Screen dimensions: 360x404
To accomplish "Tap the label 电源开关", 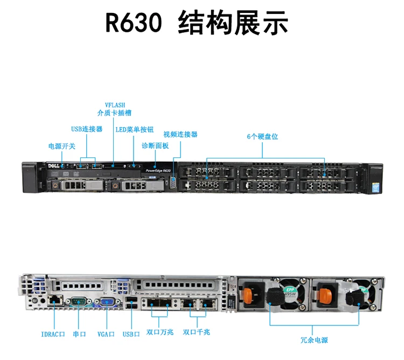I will click(62, 146).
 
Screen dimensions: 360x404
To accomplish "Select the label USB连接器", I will click(87, 129).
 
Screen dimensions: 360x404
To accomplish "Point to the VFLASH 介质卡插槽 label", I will click(114, 109).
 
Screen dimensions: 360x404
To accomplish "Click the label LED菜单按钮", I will click(135, 129).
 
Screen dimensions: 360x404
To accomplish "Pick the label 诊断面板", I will click(155, 146).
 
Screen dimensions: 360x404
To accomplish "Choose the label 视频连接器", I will click(180, 134).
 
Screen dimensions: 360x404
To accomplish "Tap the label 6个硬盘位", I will click(263, 137).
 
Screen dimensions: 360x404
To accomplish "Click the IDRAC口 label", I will click(53, 334).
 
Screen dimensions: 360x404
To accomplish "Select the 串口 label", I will click(79, 334).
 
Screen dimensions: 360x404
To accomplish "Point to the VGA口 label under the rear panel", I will click(106, 334).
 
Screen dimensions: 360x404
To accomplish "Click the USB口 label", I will click(131, 334).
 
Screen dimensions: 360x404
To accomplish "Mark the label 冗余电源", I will click(314, 340).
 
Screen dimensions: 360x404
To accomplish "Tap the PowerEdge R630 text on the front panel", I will click(158, 170).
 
